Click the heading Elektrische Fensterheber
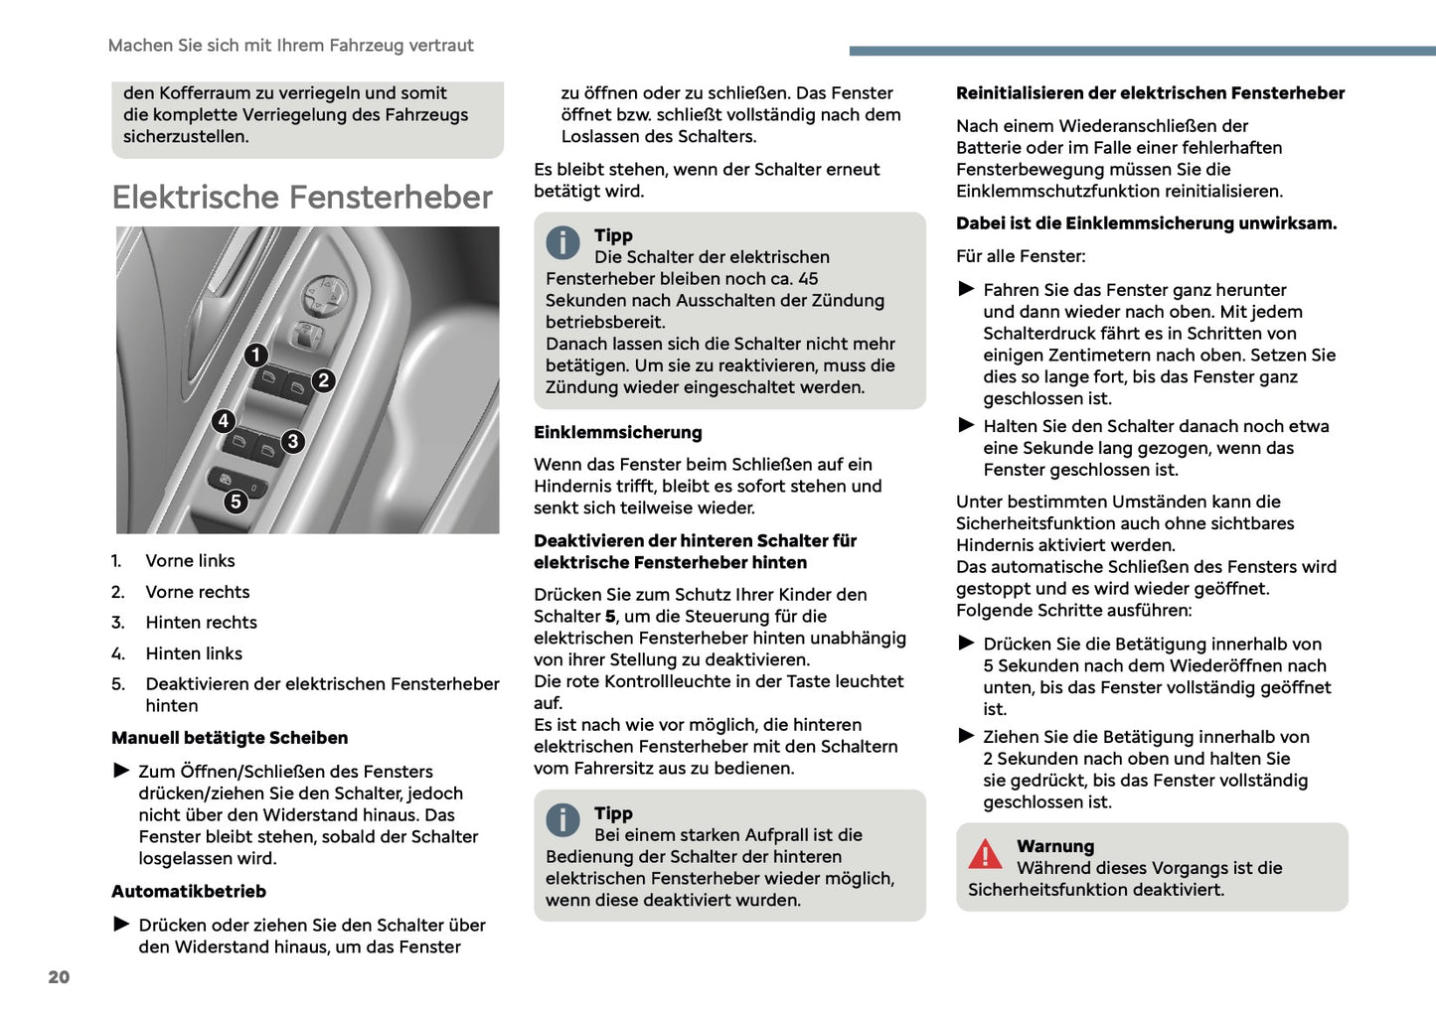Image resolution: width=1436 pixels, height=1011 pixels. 302,197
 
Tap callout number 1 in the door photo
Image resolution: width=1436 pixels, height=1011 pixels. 256,355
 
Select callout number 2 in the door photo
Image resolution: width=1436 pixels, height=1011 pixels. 323,380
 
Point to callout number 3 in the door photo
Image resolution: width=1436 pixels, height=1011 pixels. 292,441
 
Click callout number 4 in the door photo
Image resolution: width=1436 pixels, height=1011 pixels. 224,421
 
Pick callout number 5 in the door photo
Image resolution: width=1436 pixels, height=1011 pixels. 236,502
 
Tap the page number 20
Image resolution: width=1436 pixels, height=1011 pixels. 59,977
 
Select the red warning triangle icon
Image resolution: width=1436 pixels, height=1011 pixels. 985,854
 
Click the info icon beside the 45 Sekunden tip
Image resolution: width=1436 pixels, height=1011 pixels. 562,242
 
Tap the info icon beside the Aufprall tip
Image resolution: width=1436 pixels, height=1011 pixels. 562,820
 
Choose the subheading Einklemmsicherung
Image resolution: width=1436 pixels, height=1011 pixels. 617,432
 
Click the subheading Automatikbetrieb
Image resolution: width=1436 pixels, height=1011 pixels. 189,892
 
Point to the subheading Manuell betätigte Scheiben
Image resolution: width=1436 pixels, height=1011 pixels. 230,738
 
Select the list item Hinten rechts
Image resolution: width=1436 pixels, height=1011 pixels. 201,623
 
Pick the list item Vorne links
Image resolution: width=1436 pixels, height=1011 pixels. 190,561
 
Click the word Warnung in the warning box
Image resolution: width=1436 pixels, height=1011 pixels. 1054,846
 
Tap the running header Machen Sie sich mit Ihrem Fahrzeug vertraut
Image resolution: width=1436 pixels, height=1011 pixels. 290,46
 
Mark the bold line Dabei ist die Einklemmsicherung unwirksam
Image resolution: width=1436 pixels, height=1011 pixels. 1146,223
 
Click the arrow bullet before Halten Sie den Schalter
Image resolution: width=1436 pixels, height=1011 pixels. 966,425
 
